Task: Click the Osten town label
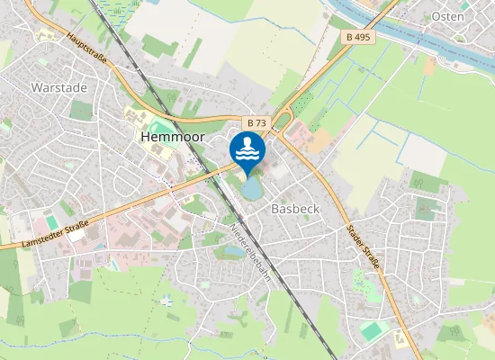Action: pos(447,16)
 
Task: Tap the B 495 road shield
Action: pos(358,37)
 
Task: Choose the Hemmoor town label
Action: pos(173,138)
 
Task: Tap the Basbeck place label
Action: pos(295,207)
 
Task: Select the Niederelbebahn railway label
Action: pos(251,253)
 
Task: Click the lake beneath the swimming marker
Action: pos(251,188)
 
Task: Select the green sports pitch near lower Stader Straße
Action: pos(373,330)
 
